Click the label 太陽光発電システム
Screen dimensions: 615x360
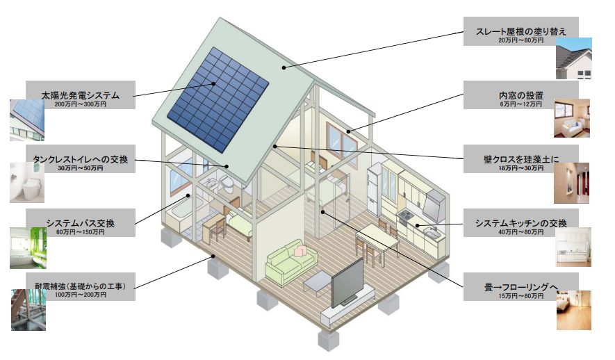tap(81, 95)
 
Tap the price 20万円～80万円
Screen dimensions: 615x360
tap(521, 40)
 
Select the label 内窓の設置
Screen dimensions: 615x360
tap(521, 95)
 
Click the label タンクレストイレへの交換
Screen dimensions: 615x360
tap(81, 159)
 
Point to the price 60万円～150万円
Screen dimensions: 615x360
tap(81, 232)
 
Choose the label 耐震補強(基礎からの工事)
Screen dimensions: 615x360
tap(81, 286)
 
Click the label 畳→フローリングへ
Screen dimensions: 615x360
tap(521, 287)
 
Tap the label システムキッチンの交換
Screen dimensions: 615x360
tap(521, 223)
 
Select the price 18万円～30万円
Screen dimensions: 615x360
tap(521, 168)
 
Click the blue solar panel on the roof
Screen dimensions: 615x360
tap(218, 99)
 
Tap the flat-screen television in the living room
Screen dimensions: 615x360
tap(348, 283)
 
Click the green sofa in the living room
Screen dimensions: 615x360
tap(291, 262)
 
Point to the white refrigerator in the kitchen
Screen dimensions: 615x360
tap(375, 189)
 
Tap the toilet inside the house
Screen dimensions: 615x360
tap(227, 183)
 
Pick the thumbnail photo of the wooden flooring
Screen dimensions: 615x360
tap(573, 310)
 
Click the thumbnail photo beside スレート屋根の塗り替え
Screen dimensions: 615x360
tap(574, 58)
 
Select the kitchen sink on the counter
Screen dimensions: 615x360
tap(431, 234)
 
